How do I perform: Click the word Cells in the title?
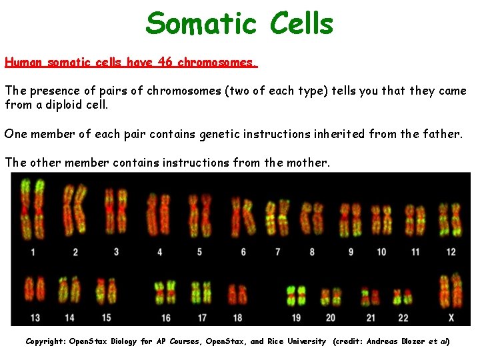(x=301, y=23)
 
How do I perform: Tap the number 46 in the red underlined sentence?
(x=166, y=63)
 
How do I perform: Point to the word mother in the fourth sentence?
(x=306, y=162)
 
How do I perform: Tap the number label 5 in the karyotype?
(x=199, y=252)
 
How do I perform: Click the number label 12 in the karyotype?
(x=451, y=252)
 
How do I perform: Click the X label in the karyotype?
(x=451, y=317)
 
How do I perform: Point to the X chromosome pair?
(x=451, y=290)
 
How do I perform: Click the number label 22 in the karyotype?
(x=403, y=317)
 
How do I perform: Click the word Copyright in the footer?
(x=48, y=341)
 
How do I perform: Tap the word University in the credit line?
(x=307, y=341)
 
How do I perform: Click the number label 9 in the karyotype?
(x=351, y=252)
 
